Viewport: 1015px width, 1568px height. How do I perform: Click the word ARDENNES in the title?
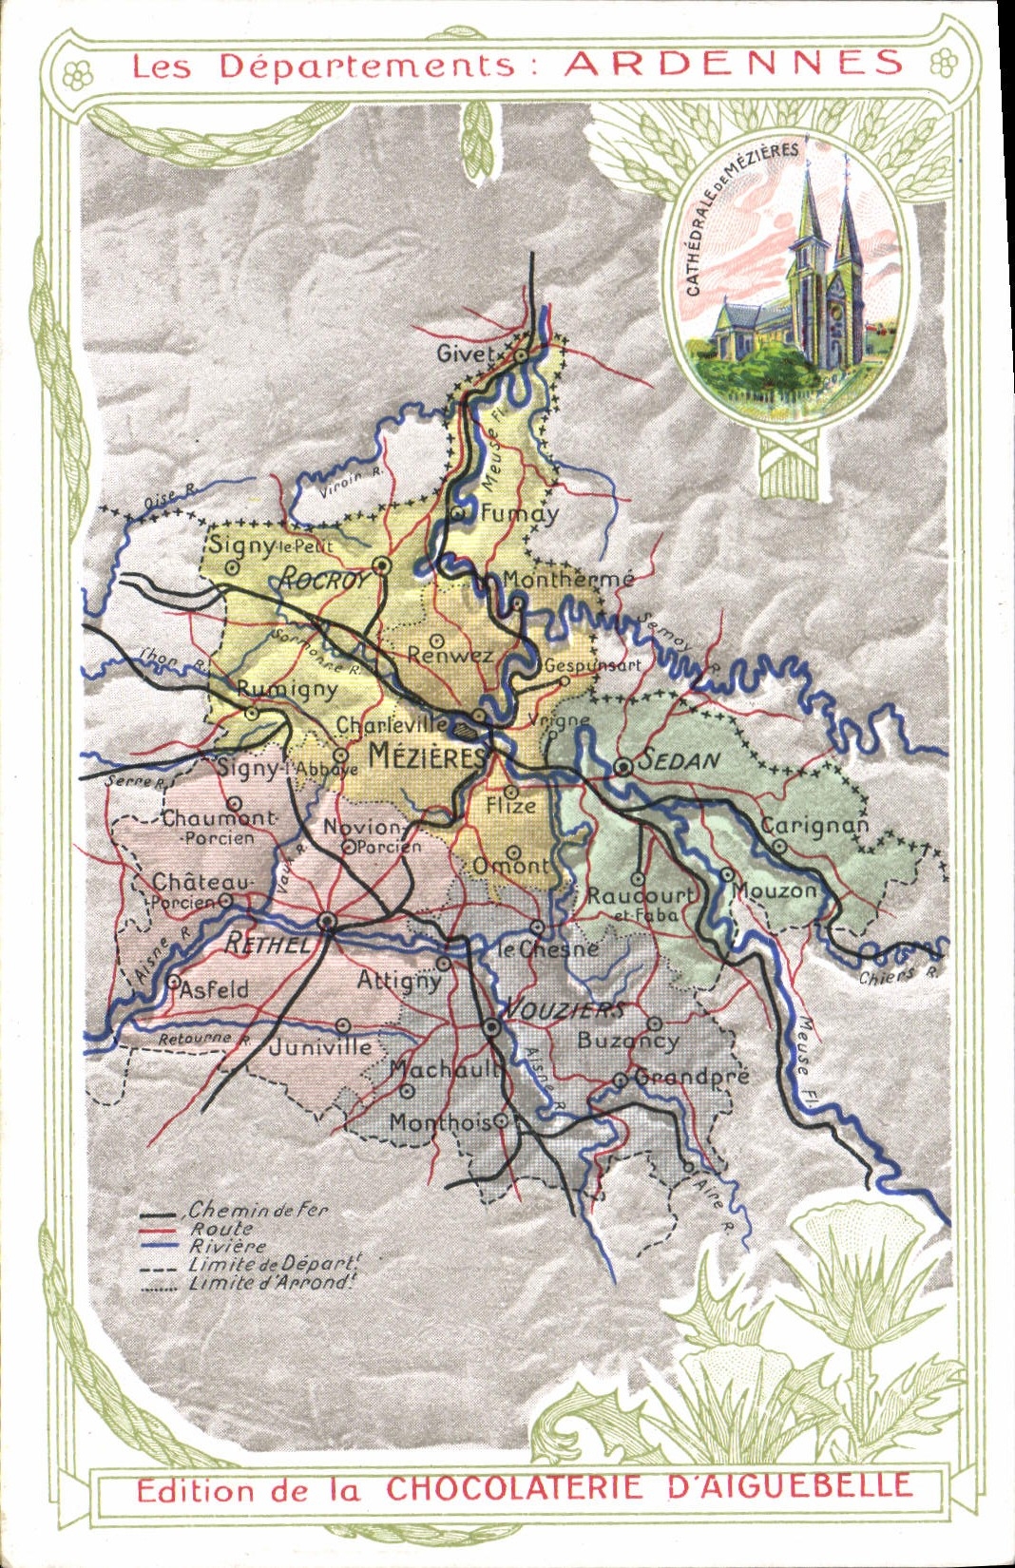(x=734, y=64)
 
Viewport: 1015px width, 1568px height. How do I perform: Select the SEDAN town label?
(x=680, y=760)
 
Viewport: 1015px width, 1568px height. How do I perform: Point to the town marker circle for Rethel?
(x=327, y=921)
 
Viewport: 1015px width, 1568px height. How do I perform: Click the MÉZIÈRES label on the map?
(x=428, y=756)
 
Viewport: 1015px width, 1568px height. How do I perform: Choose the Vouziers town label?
(x=563, y=1010)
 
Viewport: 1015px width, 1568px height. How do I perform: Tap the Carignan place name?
(x=814, y=825)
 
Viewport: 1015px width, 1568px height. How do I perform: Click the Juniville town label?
(x=320, y=1047)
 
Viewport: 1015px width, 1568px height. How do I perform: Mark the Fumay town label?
(x=519, y=514)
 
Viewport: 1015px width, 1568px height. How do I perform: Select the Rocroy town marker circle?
(x=382, y=565)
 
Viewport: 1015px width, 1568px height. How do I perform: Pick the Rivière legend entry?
(x=228, y=1246)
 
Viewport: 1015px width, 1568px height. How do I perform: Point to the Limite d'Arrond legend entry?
(x=271, y=1283)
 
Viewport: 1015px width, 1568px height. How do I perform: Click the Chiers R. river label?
(x=897, y=975)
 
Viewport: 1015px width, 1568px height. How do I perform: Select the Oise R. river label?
(x=170, y=496)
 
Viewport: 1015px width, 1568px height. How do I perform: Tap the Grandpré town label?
(x=692, y=1077)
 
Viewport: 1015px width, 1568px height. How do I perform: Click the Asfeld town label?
(x=214, y=989)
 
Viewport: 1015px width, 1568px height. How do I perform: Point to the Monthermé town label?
(x=568, y=579)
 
